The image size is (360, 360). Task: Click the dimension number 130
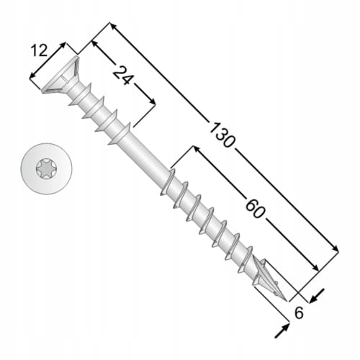click(x=222, y=135)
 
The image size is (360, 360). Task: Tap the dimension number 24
click(x=122, y=75)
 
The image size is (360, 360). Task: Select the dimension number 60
click(x=256, y=208)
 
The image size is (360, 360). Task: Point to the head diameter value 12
click(x=39, y=50)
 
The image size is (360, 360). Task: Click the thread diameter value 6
click(x=299, y=312)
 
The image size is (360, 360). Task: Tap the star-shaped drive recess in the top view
click(x=47, y=168)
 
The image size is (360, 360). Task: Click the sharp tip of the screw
click(x=286, y=300)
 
